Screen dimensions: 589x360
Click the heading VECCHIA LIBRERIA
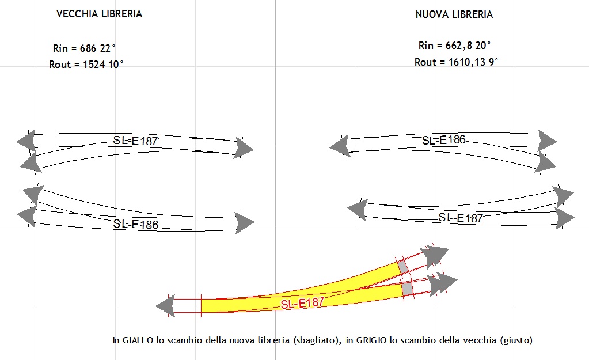coord(99,14)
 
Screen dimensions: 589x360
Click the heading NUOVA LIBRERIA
coord(454,14)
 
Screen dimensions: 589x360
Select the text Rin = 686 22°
coord(84,48)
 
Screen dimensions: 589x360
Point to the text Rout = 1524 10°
coord(86,65)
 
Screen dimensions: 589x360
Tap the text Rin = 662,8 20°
coord(454,46)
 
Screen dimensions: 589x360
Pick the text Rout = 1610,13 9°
coord(456,62)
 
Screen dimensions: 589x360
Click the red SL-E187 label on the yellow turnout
coord(302,303)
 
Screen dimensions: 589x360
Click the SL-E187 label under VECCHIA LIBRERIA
coord(135,141)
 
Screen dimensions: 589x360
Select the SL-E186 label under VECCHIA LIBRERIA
coord(136,224)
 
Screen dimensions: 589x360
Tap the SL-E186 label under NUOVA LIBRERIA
coord(444,140)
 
